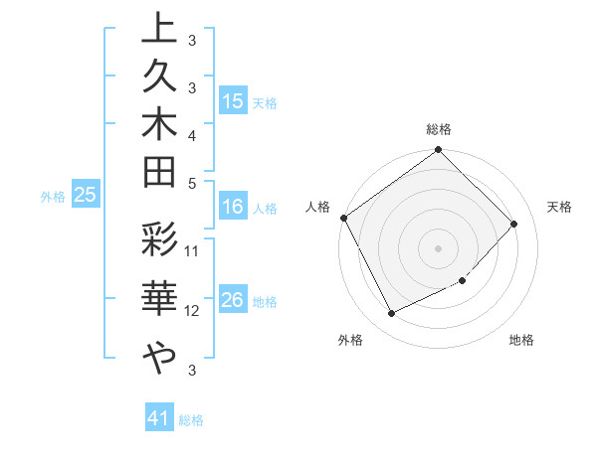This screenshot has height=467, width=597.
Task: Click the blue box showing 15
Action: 233,100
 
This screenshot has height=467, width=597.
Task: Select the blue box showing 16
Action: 233,208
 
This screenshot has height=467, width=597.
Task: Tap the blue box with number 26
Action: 233,301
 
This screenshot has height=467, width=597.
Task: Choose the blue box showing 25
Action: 86,196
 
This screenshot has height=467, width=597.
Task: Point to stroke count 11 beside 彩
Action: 192,249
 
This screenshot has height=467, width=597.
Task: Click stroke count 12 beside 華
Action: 192,310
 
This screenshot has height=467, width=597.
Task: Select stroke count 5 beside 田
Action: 192,183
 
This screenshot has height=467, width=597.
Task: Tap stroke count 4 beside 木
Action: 192,135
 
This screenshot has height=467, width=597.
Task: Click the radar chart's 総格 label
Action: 439,129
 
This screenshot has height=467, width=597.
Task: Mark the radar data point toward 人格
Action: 344,218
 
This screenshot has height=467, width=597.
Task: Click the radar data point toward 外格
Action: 391,314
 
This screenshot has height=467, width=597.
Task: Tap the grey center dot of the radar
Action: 439,247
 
